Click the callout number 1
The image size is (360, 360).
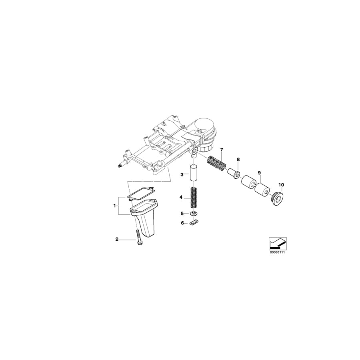coord(115,206)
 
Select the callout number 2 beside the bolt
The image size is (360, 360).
coord(117,240)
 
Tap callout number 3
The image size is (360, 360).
coord(182,174)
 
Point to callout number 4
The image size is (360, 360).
coord(181,197)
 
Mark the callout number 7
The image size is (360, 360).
coord(222,149)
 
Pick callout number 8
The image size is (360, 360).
coord(238,160)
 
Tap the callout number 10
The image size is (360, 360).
coord(281,185)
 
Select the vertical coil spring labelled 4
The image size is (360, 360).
coord(194,197)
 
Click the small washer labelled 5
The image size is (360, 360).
coord(194,213)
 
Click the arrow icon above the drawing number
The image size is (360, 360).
coord(276,242)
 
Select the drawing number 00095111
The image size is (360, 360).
coord(276,252)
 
